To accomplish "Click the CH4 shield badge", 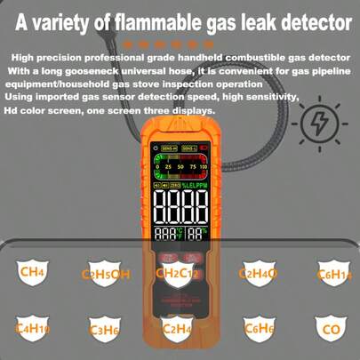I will (x=34, y=269).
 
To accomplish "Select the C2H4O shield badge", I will (x=259, y=271).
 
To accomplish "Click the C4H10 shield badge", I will (x=34, y=328).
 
